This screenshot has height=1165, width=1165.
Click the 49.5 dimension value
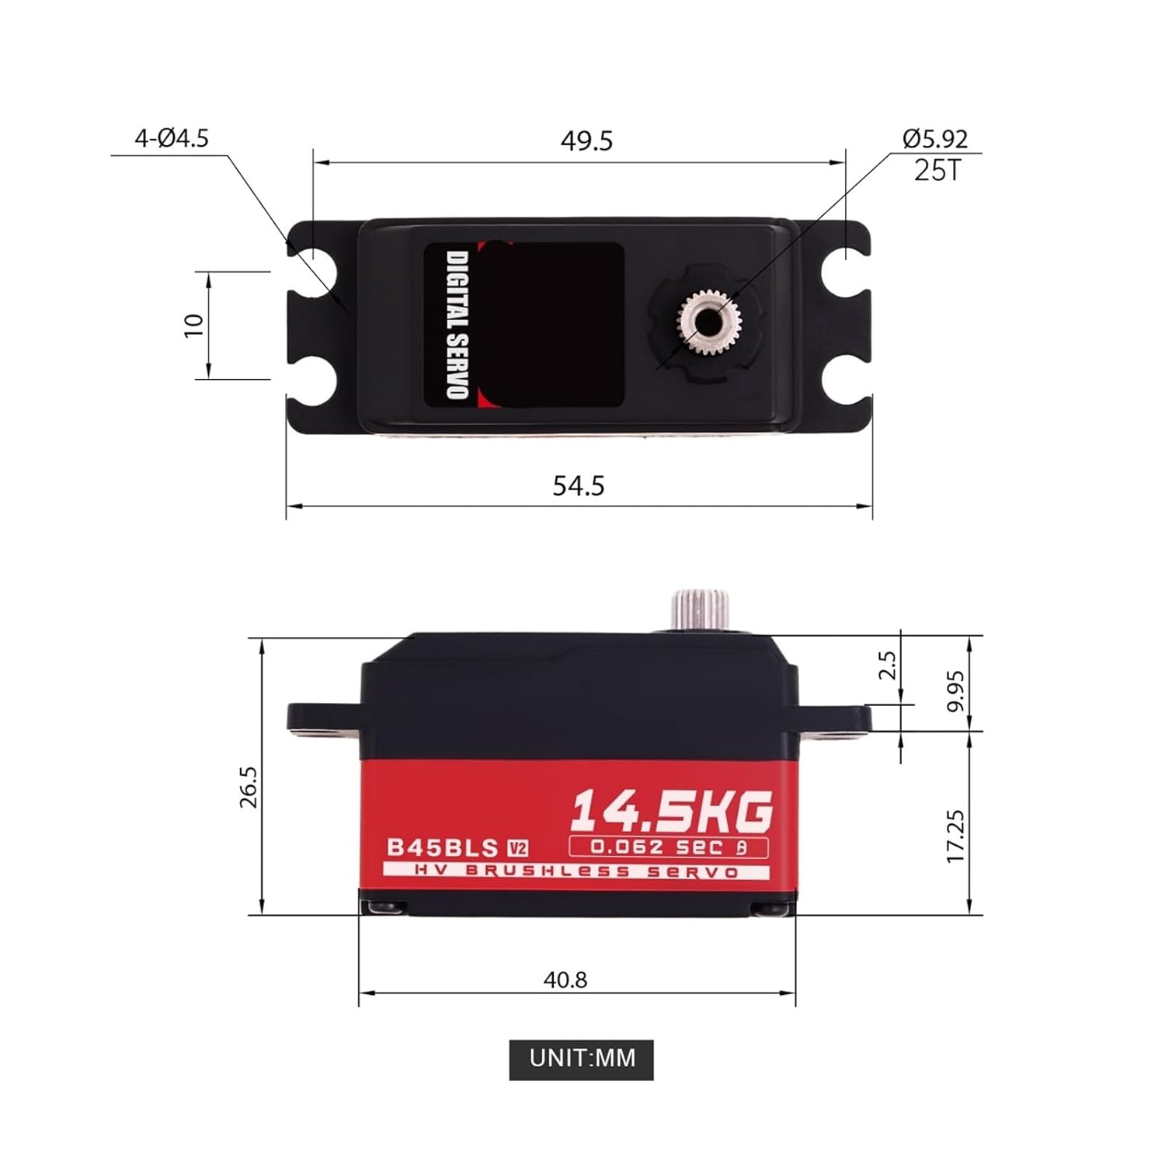click(586, 141)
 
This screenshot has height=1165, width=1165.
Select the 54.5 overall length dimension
click(579, 485)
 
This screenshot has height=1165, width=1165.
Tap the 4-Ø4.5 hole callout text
click(172, 138)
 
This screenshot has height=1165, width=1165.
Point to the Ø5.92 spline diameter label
click(935, 138)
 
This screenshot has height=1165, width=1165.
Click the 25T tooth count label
click(937, 170)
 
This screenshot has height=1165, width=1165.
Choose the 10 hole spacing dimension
click(193, 325)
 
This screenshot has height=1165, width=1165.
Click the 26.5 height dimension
click(249, 787)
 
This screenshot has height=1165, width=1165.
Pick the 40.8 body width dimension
click(565, 979)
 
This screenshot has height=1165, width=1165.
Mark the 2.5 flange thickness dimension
click(887, 666)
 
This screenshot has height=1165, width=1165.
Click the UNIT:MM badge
click(582, 1059)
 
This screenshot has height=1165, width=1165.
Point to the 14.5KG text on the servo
click(672, 812)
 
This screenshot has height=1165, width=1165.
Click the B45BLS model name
click(443, 847)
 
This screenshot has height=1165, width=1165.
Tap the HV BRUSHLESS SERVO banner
click(576, 871)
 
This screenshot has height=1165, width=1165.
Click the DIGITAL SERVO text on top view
click(457, 324)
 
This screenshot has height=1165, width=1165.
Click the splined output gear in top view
click(708, 321)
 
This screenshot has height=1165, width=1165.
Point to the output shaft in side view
click(701, 610)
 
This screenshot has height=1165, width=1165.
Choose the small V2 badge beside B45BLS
click(517, 848)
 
